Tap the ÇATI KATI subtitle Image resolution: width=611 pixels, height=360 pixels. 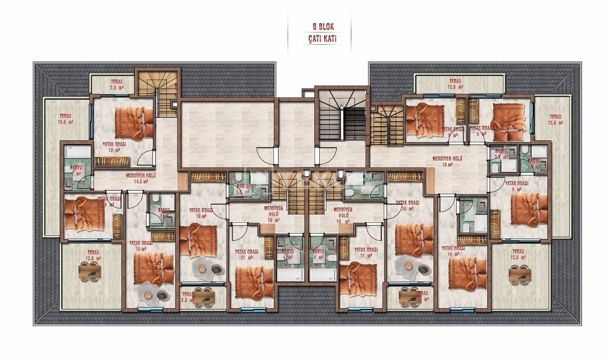pyautogui.click(x=319, y=39)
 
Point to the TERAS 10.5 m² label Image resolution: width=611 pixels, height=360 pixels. pyautogui.click(x=66, y=119)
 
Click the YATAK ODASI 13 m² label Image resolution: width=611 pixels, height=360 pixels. pyautogui.click(x=114, y=147)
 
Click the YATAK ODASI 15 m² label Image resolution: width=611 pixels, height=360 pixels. pyautogui.click(x=140, y=245)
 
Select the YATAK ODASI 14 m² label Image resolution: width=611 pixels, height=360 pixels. pyautogui.click(x=453, y=251)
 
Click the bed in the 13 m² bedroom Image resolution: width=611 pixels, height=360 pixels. pyautogui.click(x=134, y=122)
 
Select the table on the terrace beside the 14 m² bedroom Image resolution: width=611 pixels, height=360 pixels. pyautogui.click(x=519, y=275)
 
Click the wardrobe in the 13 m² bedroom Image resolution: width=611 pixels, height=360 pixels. pyautogui.click(x=113, y=161)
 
